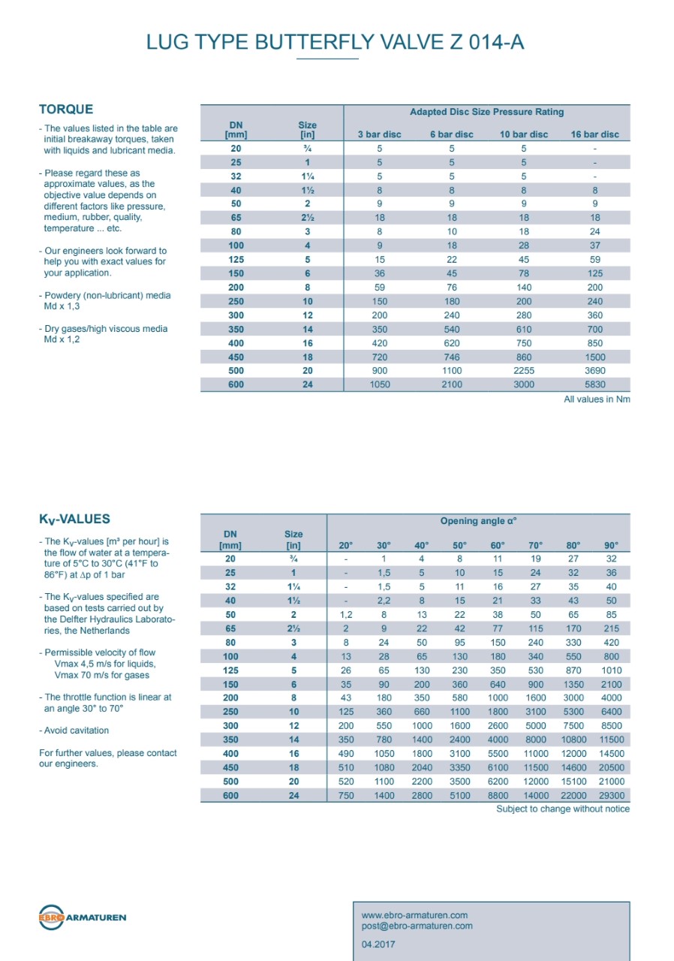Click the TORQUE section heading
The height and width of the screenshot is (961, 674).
coord(66,110)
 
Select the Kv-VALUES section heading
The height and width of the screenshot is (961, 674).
coord(74,519)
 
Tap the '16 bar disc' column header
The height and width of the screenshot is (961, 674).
coord(594,134)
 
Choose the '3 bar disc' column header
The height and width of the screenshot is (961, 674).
coord(379,134)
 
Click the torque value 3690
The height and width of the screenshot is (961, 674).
coord(594,371)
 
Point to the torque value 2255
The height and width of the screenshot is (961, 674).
coord(524,371)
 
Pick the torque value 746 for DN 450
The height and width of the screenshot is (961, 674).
coord(452,357)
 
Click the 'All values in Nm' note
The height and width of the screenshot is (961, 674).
coord(597,399)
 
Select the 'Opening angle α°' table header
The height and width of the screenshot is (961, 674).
coord(478,521)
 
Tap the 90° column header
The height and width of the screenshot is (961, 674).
coord(612,546)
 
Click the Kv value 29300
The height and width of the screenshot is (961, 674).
coord(612,796)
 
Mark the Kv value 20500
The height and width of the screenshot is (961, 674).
coord(612,768)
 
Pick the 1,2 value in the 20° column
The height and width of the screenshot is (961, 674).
coord(346,615)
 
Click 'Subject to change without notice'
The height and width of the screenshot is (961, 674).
coord(563,809)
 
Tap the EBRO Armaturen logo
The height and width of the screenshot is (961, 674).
coord(83,917)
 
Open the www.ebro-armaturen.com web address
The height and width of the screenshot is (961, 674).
coord(414,915)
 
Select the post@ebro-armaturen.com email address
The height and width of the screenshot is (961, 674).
coord(417,926)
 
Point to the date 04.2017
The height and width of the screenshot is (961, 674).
coord(378,944)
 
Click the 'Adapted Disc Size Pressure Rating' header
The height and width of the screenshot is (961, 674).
coord(486,112)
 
